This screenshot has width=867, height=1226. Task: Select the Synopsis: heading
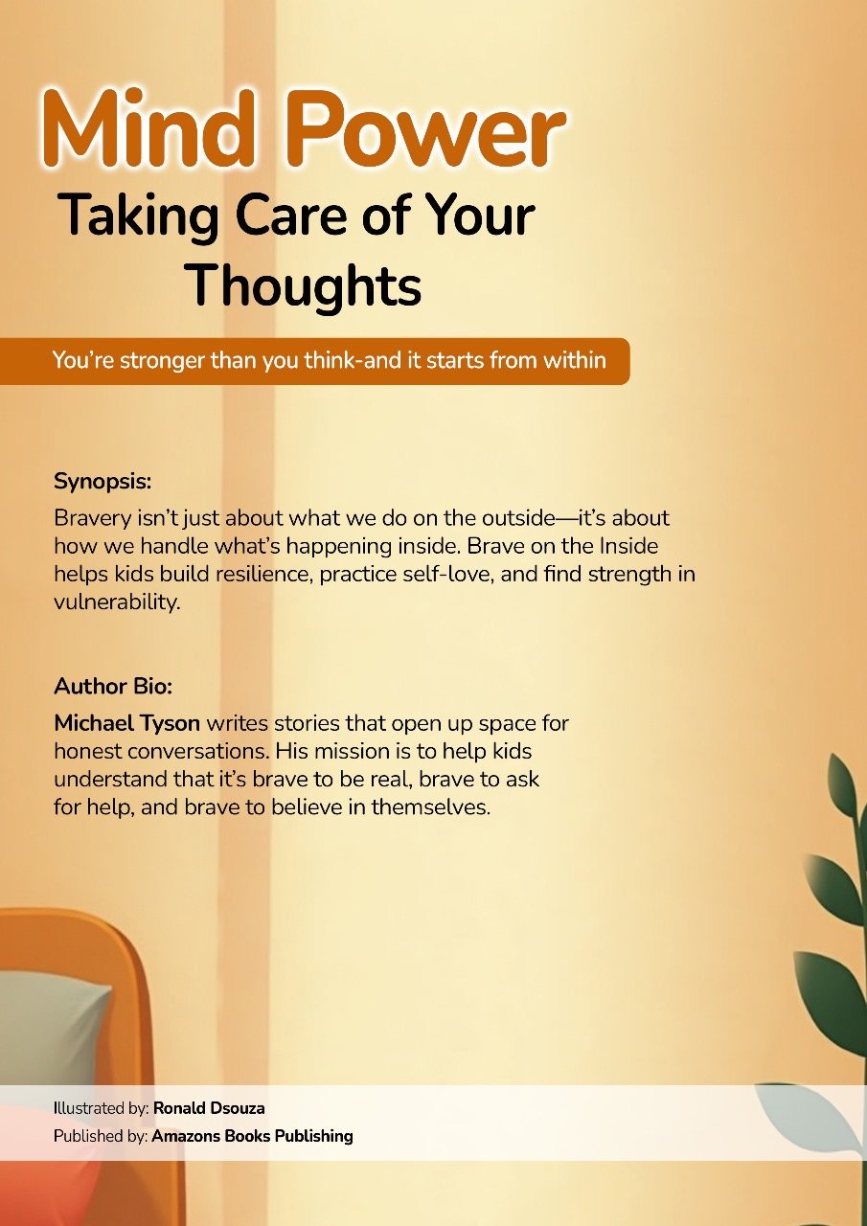click(103, 479)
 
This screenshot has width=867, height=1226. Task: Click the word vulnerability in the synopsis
click(117, 603)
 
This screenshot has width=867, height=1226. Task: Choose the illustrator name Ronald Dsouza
click(209, 1108)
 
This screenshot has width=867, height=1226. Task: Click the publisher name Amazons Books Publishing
click(252, 1137)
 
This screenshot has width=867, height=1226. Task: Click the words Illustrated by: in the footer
click(101, 1108)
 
